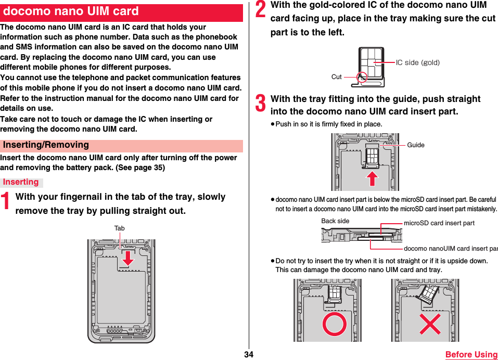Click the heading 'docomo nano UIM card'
pos(71,11)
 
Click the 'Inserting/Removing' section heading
pos(46,145)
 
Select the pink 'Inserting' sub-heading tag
pos(21,182)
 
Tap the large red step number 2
pos(261,11)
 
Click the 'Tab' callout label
pos(120,228)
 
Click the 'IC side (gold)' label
pos(417,62)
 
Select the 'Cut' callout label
pos(337,77)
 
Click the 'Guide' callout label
pos(416,145)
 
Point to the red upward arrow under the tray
pos(372,178)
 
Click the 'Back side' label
pos(335,221)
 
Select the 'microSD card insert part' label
pos(439,223)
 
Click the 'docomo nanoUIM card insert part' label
pos(450,248)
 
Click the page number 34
pos(249,354)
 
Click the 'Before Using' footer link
pos(471,354)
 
